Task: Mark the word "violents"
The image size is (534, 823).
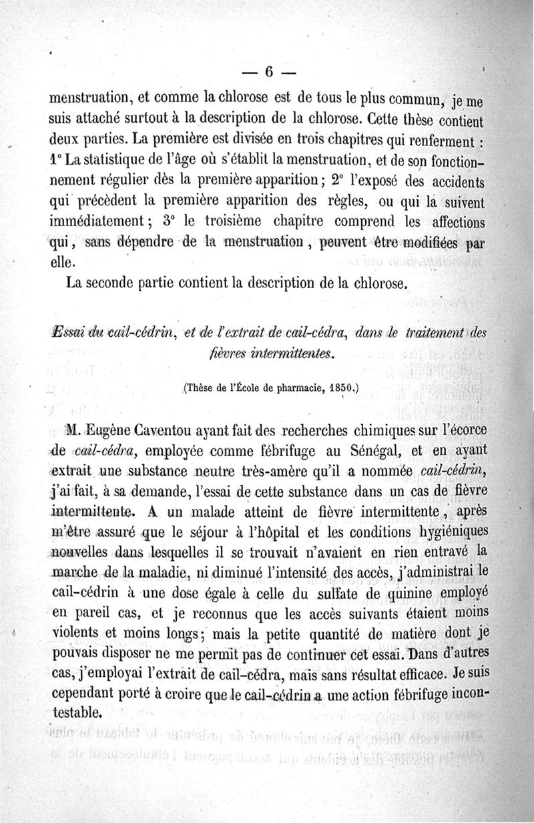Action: pyautogui.click(x=77, y=632)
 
